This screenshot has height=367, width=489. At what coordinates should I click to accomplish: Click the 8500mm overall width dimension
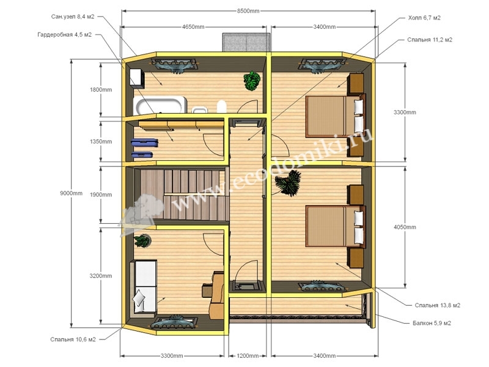pos(248,11)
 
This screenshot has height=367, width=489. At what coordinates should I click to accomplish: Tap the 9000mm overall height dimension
pos(71,193)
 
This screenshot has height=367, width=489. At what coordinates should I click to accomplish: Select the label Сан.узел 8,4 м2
pos(72,17)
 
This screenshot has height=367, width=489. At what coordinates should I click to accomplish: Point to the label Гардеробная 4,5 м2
pos(65,35)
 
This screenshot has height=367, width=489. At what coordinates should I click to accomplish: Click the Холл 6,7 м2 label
pos(424,18)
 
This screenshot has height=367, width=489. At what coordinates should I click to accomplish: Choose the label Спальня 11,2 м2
pos(430,40)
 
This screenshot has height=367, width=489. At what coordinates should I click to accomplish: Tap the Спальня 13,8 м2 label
pos(437,305)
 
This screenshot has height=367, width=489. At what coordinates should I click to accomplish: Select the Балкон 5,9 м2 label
pos(432,323)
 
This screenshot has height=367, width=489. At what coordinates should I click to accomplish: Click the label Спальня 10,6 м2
pos(73,339)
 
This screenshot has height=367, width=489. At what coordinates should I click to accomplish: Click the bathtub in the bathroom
pos(160,105)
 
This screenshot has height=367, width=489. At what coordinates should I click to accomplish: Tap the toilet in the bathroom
pos(221,106)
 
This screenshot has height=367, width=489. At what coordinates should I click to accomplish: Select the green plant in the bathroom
pos(252,81)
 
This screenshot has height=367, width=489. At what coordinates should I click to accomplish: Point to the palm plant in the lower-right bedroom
pos(288,183)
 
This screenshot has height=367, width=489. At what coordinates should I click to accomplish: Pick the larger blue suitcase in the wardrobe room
pos(144,143)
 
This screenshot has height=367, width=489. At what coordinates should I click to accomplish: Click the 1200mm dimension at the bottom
pos(248,356)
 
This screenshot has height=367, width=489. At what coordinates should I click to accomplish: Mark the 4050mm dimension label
pos(405,227)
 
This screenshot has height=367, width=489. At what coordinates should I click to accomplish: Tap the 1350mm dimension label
pos(101,141)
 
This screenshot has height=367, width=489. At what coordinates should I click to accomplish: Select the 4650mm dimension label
pos(193,27)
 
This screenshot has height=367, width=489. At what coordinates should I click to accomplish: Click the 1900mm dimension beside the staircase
pos(101,195)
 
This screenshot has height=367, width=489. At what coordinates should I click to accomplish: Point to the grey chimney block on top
pos(246,42)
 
